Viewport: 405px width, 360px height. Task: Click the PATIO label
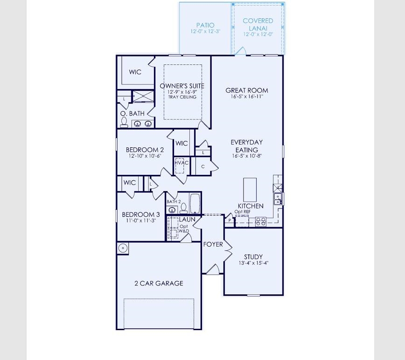(x=205, y=25)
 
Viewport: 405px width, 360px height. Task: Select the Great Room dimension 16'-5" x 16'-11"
(x=247, y=97)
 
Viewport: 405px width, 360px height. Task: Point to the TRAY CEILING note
(x=182, y=97)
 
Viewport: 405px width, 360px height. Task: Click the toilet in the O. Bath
(x=124, y=122)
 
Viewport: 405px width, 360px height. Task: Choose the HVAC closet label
(x=182, y=162)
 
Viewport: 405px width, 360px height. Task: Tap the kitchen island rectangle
(x=250, y=188)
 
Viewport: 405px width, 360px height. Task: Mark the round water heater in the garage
(x=123, y=248)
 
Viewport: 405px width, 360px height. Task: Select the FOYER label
(x=213, y=244)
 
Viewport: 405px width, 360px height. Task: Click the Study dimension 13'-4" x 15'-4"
(x=253, y=263)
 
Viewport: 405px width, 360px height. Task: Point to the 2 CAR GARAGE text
(x=159, y=283)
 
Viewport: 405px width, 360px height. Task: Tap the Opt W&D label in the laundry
(x=184, y=228)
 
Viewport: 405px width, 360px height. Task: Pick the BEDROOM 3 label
(x=141, y=215)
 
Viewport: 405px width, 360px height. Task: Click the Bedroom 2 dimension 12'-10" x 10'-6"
(x=145, y=156)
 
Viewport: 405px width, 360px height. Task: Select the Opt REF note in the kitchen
(x=243, y=211)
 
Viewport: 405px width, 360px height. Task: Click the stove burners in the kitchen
(x=260, y=222)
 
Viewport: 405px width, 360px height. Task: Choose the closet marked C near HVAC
(x=203, y=166)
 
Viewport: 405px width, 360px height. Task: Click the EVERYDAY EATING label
(x=246, y=145)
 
